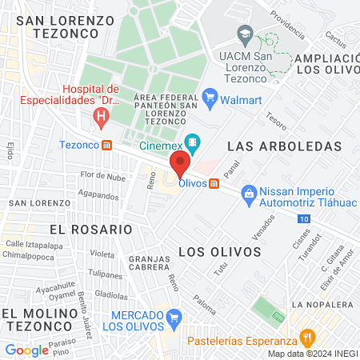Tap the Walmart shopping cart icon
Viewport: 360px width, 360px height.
pos(210,98)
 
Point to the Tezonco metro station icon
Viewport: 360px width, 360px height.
pos(106,145)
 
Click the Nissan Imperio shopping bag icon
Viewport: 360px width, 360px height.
pos(249,192)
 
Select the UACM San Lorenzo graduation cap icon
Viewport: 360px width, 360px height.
pos(245,34)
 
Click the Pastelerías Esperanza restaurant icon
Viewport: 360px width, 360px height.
pos(306,338)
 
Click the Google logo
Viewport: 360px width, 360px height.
pos(26,350)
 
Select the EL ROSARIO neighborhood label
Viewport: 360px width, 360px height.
pos(90,229)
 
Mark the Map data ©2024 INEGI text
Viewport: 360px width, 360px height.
pos(311,354)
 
